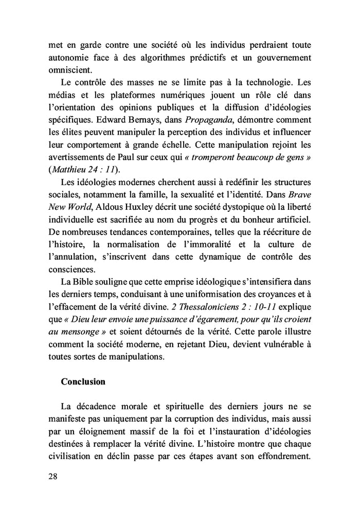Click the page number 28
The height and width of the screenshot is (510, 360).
[51, 476]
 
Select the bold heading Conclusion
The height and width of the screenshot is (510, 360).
[83, 382]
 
